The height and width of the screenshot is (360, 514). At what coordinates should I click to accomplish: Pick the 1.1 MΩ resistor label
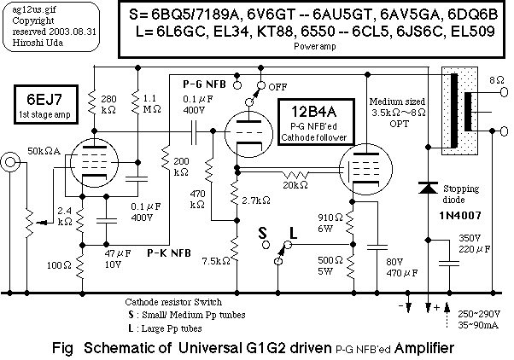154,103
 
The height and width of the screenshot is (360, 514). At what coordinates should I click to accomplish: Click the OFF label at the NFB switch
277,86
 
